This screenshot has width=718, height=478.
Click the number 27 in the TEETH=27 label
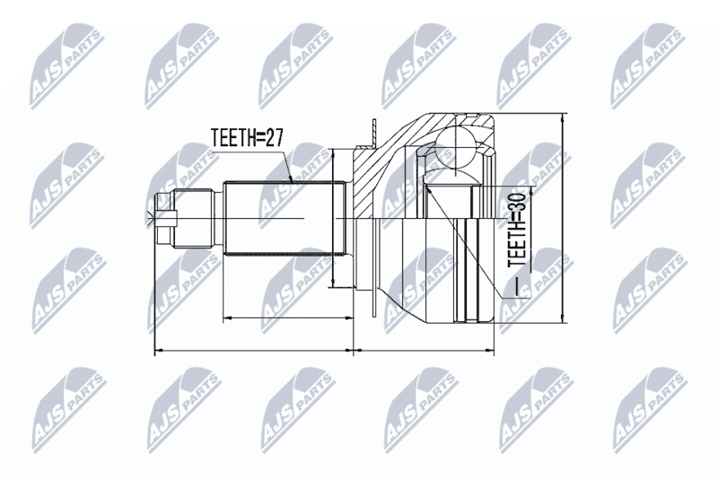pos(275,137)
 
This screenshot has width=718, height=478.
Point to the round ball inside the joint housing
pos(457,147)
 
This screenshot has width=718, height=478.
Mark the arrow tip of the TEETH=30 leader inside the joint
pos(427,186)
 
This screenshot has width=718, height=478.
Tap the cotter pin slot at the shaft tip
pos(166,219)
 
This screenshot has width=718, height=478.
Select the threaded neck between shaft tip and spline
pos(196,219)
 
